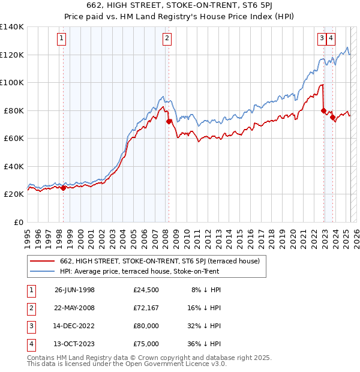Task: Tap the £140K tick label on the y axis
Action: pos(12,27)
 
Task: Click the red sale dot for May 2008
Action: pos(169,122)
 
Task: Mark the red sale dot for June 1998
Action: pos(64,188)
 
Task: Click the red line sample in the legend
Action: pos(43,261)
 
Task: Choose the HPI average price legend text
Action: pos(139,271)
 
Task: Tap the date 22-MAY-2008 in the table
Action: pos(74,308)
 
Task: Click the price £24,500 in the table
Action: pos(146,290)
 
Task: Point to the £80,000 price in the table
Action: pos(146,326)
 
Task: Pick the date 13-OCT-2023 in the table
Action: pos(74,344)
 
